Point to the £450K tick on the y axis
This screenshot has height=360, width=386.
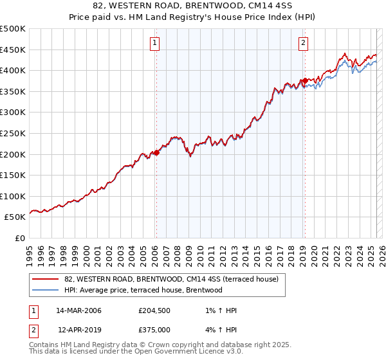(x=13, y=50)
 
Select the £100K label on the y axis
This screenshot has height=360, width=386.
(x=13, y=196)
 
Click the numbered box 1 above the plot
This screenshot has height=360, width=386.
(x=156, y=44)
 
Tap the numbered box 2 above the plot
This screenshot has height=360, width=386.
(x=303, y=44)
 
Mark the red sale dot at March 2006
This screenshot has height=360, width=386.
(x=156, y=153)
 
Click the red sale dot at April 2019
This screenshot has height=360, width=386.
(x=304, y=81)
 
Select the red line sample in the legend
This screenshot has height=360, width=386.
(x=46, y=280)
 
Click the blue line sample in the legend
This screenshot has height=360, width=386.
(x=46, y=291)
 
